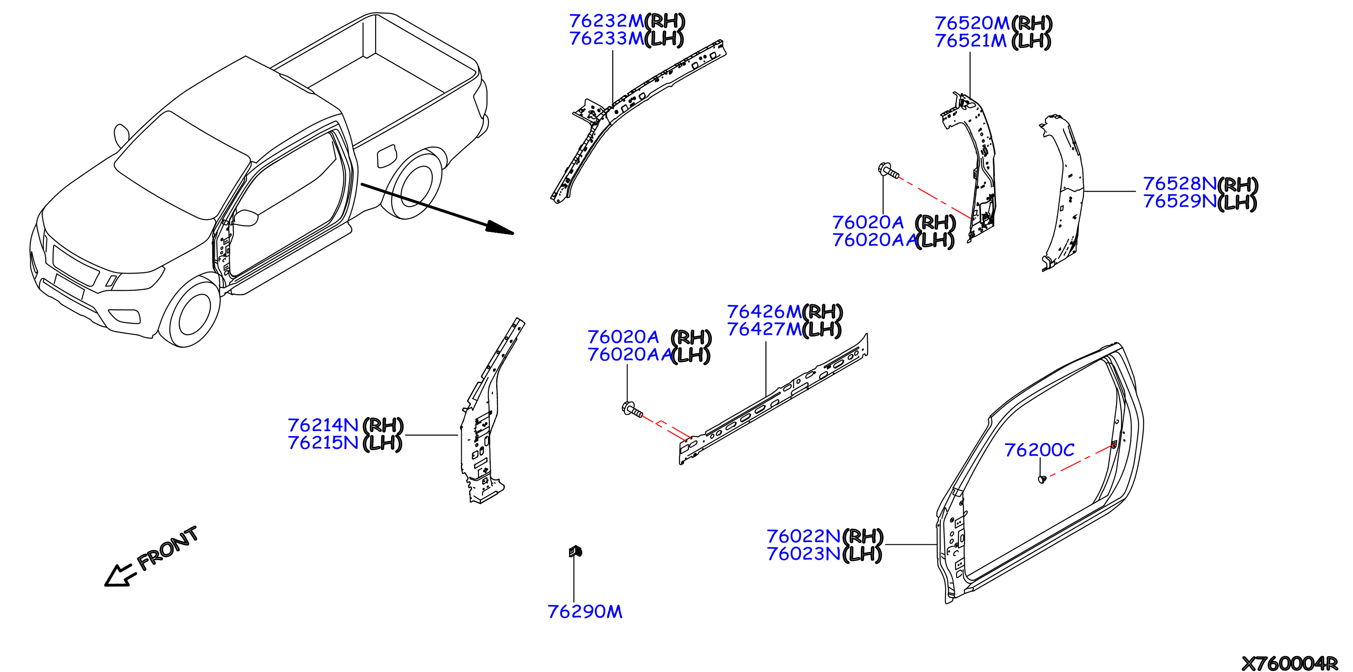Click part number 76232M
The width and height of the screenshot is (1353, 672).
point(606,21)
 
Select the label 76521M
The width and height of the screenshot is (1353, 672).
point(971,41)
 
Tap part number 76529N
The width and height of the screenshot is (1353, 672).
point(1179,201)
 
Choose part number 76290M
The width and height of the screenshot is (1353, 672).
point(585,612)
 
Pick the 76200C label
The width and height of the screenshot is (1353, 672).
point(1039,450)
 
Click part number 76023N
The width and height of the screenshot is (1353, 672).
point(804,554)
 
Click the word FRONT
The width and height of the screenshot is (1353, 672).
point(168,547)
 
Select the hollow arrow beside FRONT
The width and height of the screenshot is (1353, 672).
point(120,576)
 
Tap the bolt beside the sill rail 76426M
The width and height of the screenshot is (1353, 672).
point(632,409)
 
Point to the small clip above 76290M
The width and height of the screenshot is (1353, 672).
point(575,551)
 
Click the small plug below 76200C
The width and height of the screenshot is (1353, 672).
point(1042,479)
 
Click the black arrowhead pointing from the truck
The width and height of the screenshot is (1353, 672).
point(498,228)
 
